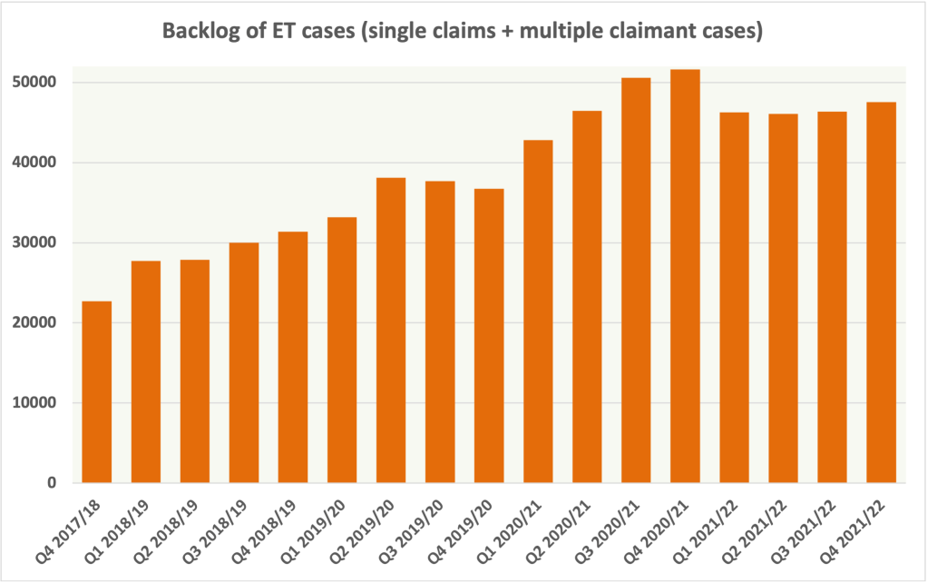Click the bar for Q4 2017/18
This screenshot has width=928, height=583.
click(96, 391)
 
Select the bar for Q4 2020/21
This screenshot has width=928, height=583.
click(685, 276)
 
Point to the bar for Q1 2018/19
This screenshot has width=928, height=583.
click(145, 371)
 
